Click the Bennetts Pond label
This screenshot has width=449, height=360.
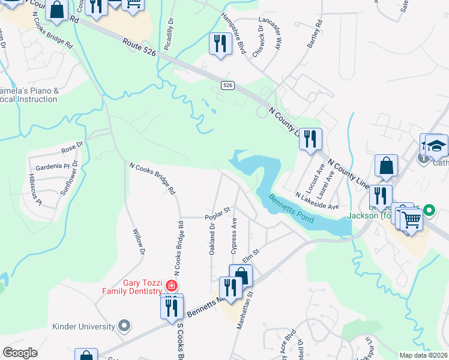(x=291, y=208)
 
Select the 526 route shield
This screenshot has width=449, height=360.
(x=226, y=86)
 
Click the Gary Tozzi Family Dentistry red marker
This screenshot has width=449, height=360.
(x=172, y=286)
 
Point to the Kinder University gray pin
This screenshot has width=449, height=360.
(x=124, y=326)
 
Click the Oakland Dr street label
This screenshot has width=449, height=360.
(x=212, y=239)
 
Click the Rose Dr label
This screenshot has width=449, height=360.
(x=73, y=148)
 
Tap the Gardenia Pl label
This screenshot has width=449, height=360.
(x=53, y=166)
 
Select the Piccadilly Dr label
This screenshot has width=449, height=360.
(x=170, y=28)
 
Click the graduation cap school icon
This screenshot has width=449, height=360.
(x=436, y=146)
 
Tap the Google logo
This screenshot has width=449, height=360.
(x=20, y=353)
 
